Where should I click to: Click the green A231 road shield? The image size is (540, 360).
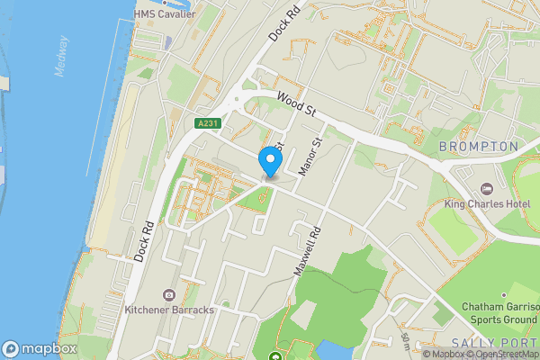click(x=205, y=123)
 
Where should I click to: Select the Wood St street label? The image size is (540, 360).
click(x=299, y=111)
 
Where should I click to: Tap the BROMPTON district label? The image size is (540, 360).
click(x=479, y=146)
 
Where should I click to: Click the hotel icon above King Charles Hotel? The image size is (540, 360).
click(x=487, y=189)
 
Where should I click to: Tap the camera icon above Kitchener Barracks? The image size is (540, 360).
click(x=168, y=294)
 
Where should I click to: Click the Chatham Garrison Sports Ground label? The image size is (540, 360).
click(x=500, y=313)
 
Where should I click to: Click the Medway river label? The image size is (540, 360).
click(x=62, y=56)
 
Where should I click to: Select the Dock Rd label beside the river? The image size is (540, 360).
click(x=141, y=240)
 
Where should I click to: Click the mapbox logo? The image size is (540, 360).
click(x=40, y=348)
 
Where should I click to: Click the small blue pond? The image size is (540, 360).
click(x=336, y=351)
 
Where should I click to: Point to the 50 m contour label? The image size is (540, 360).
click(x=406, y=341)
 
